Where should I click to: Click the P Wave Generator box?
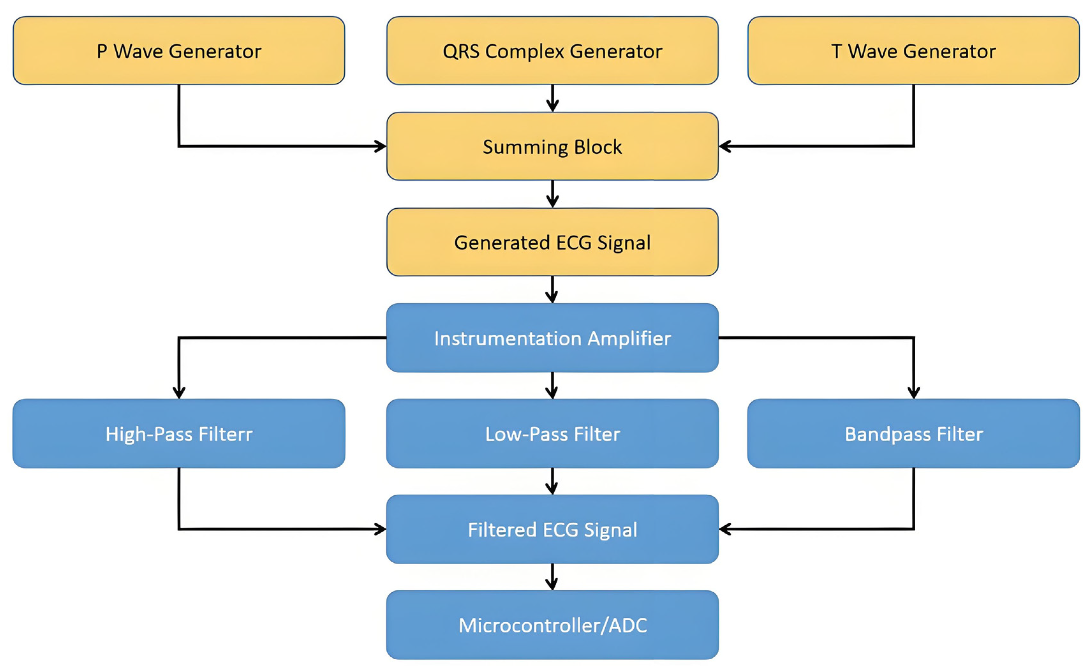coord(179,51)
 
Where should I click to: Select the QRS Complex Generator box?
coord(552,51)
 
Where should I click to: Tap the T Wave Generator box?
coord(913,51)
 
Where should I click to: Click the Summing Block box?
coord(552,146)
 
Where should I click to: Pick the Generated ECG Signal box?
coord(552,242)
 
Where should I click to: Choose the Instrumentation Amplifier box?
coord(552,338)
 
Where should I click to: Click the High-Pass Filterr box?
coord(179,433)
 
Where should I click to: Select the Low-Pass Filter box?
coord(552,433)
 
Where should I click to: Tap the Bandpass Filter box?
coord(913,433)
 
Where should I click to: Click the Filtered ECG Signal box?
coord(552,529)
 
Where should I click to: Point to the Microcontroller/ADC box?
coord(552,624)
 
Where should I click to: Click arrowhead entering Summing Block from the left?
coord(381,146)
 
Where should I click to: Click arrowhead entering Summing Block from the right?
coord(724,146)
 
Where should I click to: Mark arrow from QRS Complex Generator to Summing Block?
coord(552,98)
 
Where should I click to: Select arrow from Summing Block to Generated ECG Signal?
coord(552,194)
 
